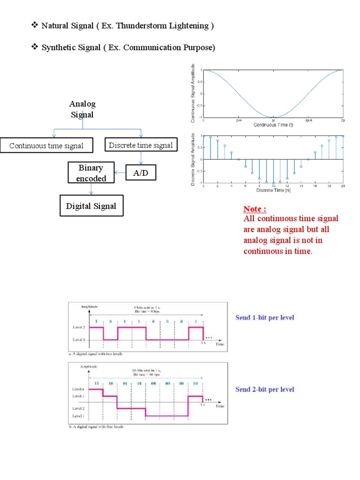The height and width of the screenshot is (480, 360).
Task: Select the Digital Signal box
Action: pos(91,206)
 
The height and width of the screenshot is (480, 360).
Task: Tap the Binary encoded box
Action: pos(92,173)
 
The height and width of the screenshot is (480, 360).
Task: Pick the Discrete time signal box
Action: pos(141,145)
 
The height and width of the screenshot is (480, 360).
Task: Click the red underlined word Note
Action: pos(255,209)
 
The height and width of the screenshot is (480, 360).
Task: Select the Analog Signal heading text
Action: pos(82,109)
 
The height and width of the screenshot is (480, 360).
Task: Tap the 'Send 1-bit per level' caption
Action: pos(265,318)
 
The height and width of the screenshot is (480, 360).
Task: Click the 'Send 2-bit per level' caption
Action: pos(265,390)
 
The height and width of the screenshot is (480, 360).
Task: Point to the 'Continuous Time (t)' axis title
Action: pos(273,125)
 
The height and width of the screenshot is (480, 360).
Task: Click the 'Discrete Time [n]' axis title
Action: pos(273,190)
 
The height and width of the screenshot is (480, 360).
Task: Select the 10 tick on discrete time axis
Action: pos(273,186)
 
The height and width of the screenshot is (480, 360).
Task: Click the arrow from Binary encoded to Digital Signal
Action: pos(91,189)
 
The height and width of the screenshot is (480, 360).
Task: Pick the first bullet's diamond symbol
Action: pos(34,25)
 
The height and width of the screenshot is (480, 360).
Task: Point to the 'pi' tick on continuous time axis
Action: pos(273,120)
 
